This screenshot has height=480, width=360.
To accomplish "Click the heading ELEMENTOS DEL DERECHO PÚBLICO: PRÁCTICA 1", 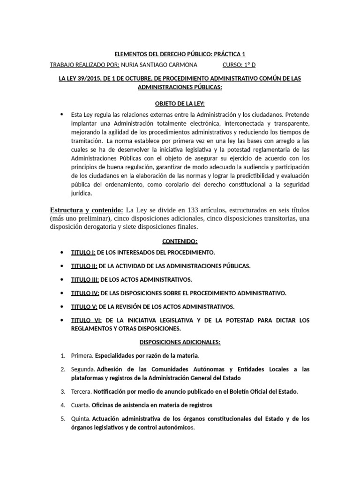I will [x=180, y=55].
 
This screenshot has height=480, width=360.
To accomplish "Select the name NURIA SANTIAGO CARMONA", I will [x=159, y=65].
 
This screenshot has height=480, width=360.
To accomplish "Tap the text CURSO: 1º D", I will [x=240, y=65].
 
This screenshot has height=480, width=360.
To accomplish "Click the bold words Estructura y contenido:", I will [x=86, y=210].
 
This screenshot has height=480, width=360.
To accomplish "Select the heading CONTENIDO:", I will [x=180, y=241].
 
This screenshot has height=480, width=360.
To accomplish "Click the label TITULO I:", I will [x=83, y=253].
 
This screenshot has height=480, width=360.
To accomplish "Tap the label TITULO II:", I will [x=84, y=266].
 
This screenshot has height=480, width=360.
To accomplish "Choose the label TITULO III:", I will [x=85, y=279].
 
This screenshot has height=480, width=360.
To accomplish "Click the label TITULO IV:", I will [x=85, y=293].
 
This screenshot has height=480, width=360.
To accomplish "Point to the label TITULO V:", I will [x=84, y=307].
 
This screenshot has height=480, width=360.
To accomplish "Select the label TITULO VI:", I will [x=85, y=320].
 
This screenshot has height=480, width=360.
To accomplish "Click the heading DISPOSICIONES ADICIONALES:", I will [x=180, y=343].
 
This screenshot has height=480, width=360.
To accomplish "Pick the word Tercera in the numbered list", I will [x=81, y=391].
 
